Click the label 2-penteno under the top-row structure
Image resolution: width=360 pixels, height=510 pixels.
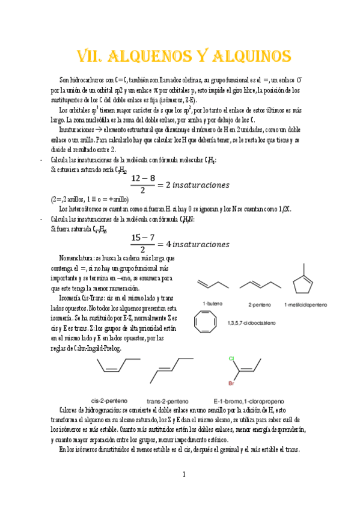tap(260, 304)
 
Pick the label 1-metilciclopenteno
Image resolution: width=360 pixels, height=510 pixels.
tap(307, 304)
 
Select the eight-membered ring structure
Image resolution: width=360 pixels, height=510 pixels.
tap(207, 323)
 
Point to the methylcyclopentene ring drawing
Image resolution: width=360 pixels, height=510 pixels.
tap(306, 280)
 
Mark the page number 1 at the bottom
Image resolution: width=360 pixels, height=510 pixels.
tap(184, 475)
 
